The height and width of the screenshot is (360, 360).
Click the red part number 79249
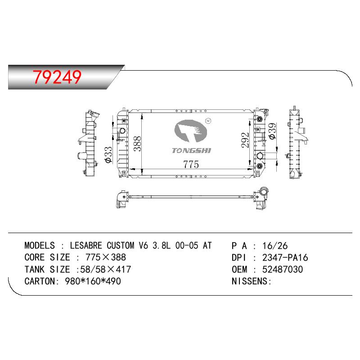tap(57, 76)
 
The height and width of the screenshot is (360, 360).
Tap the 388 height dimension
tap(138, 144)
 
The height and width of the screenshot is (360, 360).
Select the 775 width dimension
tap(191, 164)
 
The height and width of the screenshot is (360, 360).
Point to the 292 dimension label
tap(245, 140)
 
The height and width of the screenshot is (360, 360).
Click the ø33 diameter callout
tap(108, 155)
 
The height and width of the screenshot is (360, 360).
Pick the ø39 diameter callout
tap(272, 131)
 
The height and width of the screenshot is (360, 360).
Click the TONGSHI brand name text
tap(191, 151)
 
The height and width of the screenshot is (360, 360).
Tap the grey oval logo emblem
tap(190, 131)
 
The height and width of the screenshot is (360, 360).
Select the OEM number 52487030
tap(283, 270)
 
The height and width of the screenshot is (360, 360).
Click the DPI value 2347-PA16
tap(285, 257)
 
